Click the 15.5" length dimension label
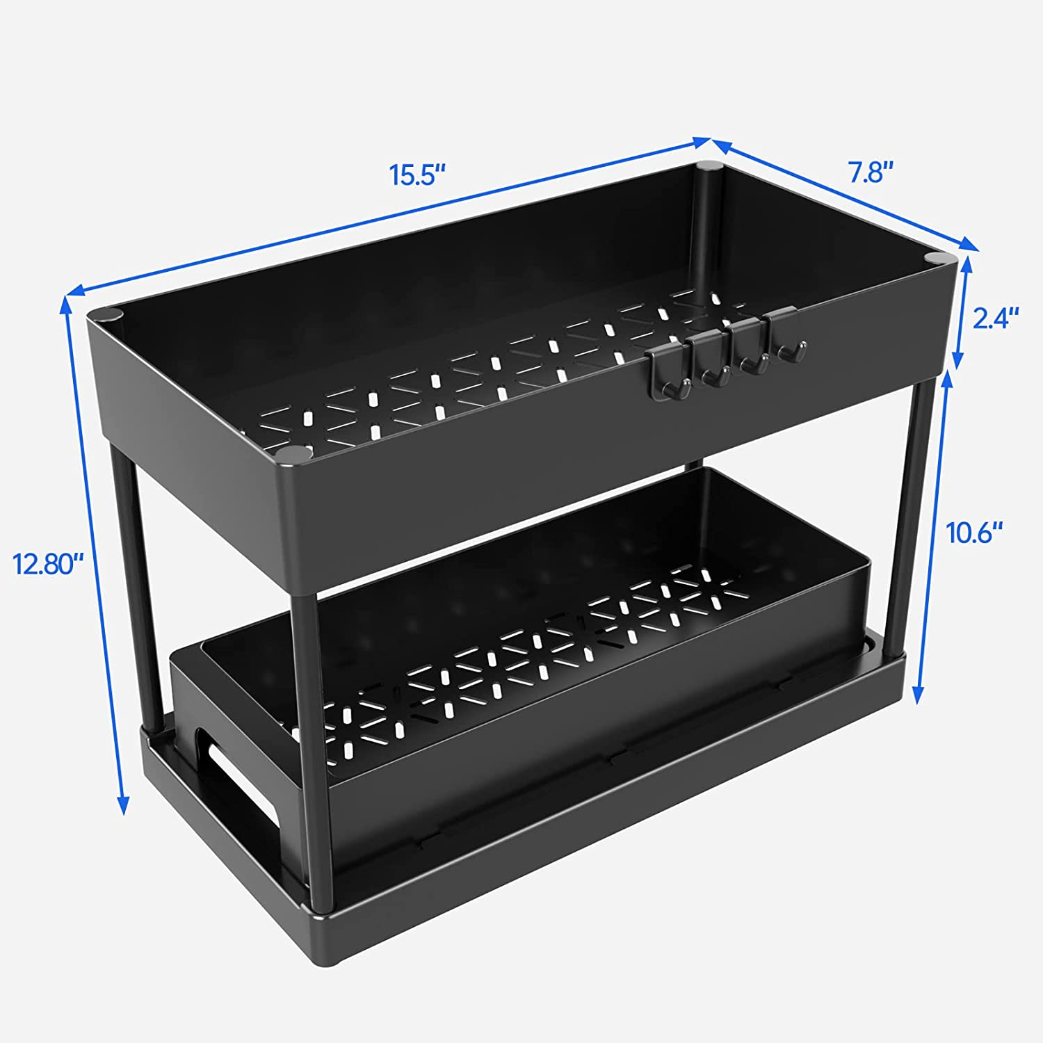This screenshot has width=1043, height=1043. pyautogui.click(x=417, y=175)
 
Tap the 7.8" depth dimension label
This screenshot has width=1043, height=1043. pyautogui.click(x=870, y=172)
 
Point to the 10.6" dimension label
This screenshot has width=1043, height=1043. pyautogui.click(x=974, y=533)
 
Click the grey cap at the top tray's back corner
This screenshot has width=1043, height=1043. pyautogui.click(x=709, y=166)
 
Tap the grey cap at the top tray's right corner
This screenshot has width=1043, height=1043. pyautogui.click(x=936, y=259)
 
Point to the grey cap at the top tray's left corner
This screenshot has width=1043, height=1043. pyautogui.click(x=111, y=314)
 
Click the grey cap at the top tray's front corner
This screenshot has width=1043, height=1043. pyautogui.click(x=293, y=453)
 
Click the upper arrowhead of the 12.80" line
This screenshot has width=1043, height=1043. pyautogui.click(x=67, y=304)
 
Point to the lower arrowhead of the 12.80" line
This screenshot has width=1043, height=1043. pyautogui.click(x=123, y=805)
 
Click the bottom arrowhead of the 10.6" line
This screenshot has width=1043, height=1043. pyautogui.click(x=919, y=694)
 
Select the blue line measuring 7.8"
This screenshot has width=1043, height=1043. pyautogui.click(x=843, y=195)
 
